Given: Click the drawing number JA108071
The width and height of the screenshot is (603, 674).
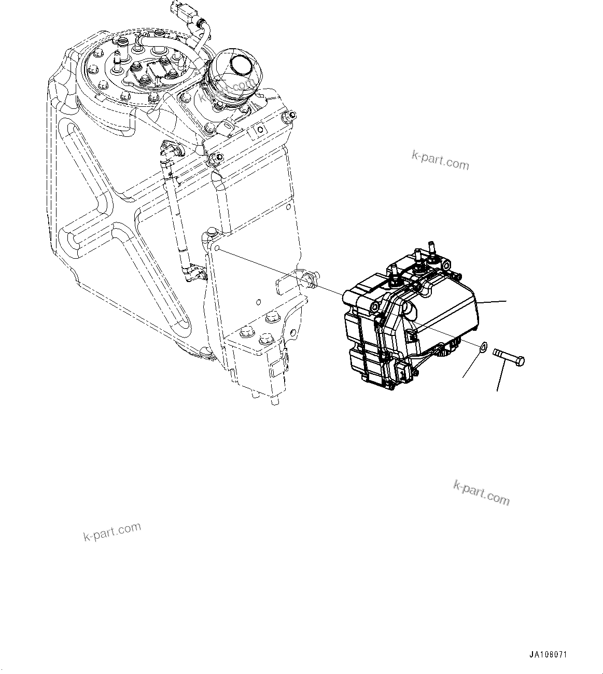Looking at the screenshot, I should [x=551, y=655].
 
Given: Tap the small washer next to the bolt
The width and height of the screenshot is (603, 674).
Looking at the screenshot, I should [x=482, y=347].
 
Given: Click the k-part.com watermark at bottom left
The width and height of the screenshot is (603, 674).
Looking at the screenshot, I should [x=112, y=531].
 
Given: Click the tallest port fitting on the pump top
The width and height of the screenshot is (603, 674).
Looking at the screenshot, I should [x=430, y=248].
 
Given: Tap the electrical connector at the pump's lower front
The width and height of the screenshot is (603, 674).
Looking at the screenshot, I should [x=404, y=371].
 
